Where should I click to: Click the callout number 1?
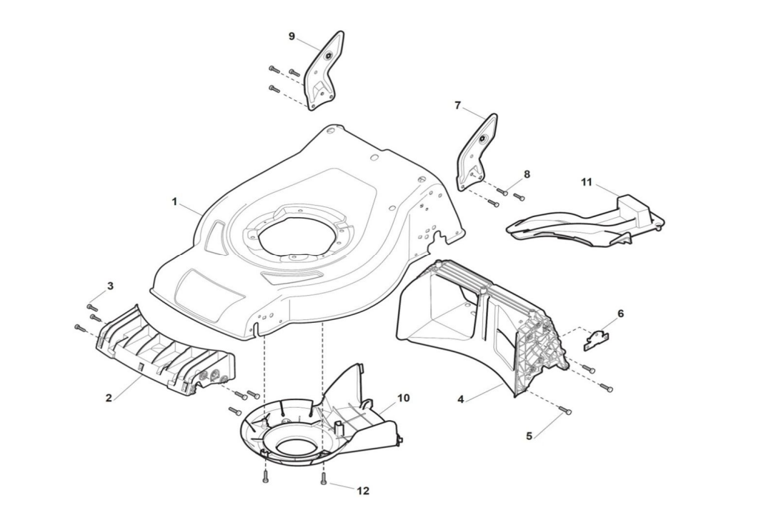174,201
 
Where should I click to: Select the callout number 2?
109,398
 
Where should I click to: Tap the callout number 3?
110,286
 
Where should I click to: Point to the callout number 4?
462,400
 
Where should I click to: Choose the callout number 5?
529,436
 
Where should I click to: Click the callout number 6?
620,313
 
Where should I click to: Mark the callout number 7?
458,105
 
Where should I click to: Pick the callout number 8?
527,174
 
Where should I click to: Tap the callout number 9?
292,36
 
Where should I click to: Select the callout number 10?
404,397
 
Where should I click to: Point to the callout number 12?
363,491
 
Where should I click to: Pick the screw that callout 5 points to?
565,411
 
